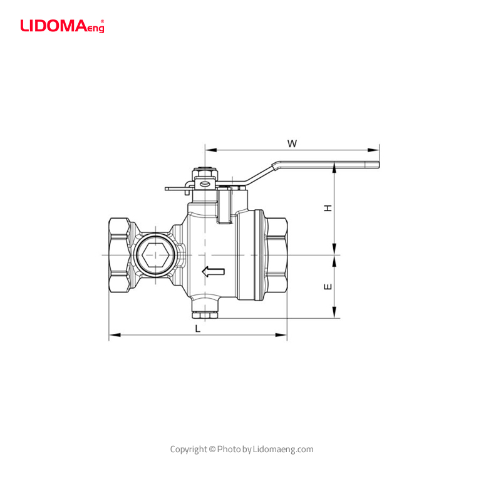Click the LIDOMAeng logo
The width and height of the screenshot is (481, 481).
61,26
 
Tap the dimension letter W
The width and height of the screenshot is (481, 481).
292,143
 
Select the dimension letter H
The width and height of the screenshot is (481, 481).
327,208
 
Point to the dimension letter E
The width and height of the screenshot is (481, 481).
327,287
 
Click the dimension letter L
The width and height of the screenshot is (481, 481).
198,328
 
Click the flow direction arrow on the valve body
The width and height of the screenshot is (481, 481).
214,271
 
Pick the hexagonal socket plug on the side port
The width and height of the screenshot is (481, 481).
154,256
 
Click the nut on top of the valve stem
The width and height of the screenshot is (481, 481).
204,171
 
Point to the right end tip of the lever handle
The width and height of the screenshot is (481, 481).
378,165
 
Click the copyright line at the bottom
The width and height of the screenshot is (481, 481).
242,449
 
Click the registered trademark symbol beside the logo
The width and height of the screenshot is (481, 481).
102,21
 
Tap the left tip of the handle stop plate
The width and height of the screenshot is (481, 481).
167,188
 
